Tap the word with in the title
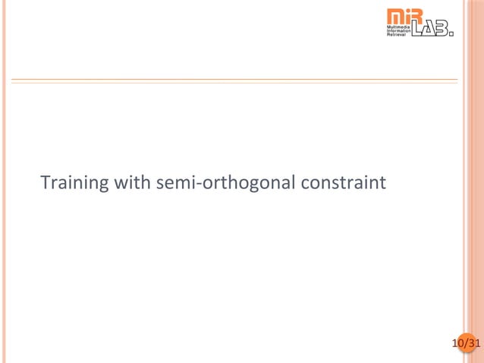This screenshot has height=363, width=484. [134, 183]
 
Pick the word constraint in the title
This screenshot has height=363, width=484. [344, 183]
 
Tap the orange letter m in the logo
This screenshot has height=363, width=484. [394, 15]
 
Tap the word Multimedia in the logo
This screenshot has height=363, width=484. [398, 26]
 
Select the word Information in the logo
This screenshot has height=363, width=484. [398, 30]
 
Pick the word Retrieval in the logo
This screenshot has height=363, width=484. [397, 35]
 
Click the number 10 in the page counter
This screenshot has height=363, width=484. [457, 344]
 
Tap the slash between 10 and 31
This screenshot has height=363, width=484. [465, 344]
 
